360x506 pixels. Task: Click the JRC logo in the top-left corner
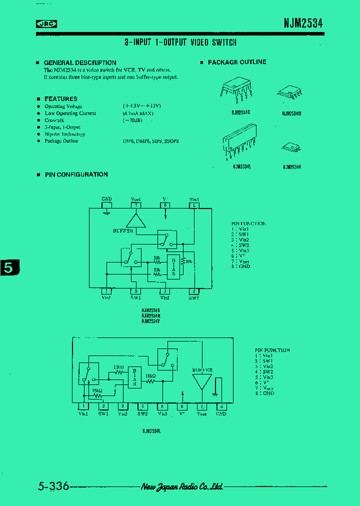46,23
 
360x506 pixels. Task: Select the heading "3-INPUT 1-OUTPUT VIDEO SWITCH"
180,43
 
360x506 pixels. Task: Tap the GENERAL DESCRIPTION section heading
80,62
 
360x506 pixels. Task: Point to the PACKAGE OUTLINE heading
236,62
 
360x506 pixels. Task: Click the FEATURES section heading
60,99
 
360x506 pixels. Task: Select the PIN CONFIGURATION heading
76,174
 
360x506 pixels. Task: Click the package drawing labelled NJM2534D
236,89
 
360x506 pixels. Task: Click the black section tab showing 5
8,267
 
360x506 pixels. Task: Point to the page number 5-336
53,486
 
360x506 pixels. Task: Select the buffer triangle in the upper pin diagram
133,220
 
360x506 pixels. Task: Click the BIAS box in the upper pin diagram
173,267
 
